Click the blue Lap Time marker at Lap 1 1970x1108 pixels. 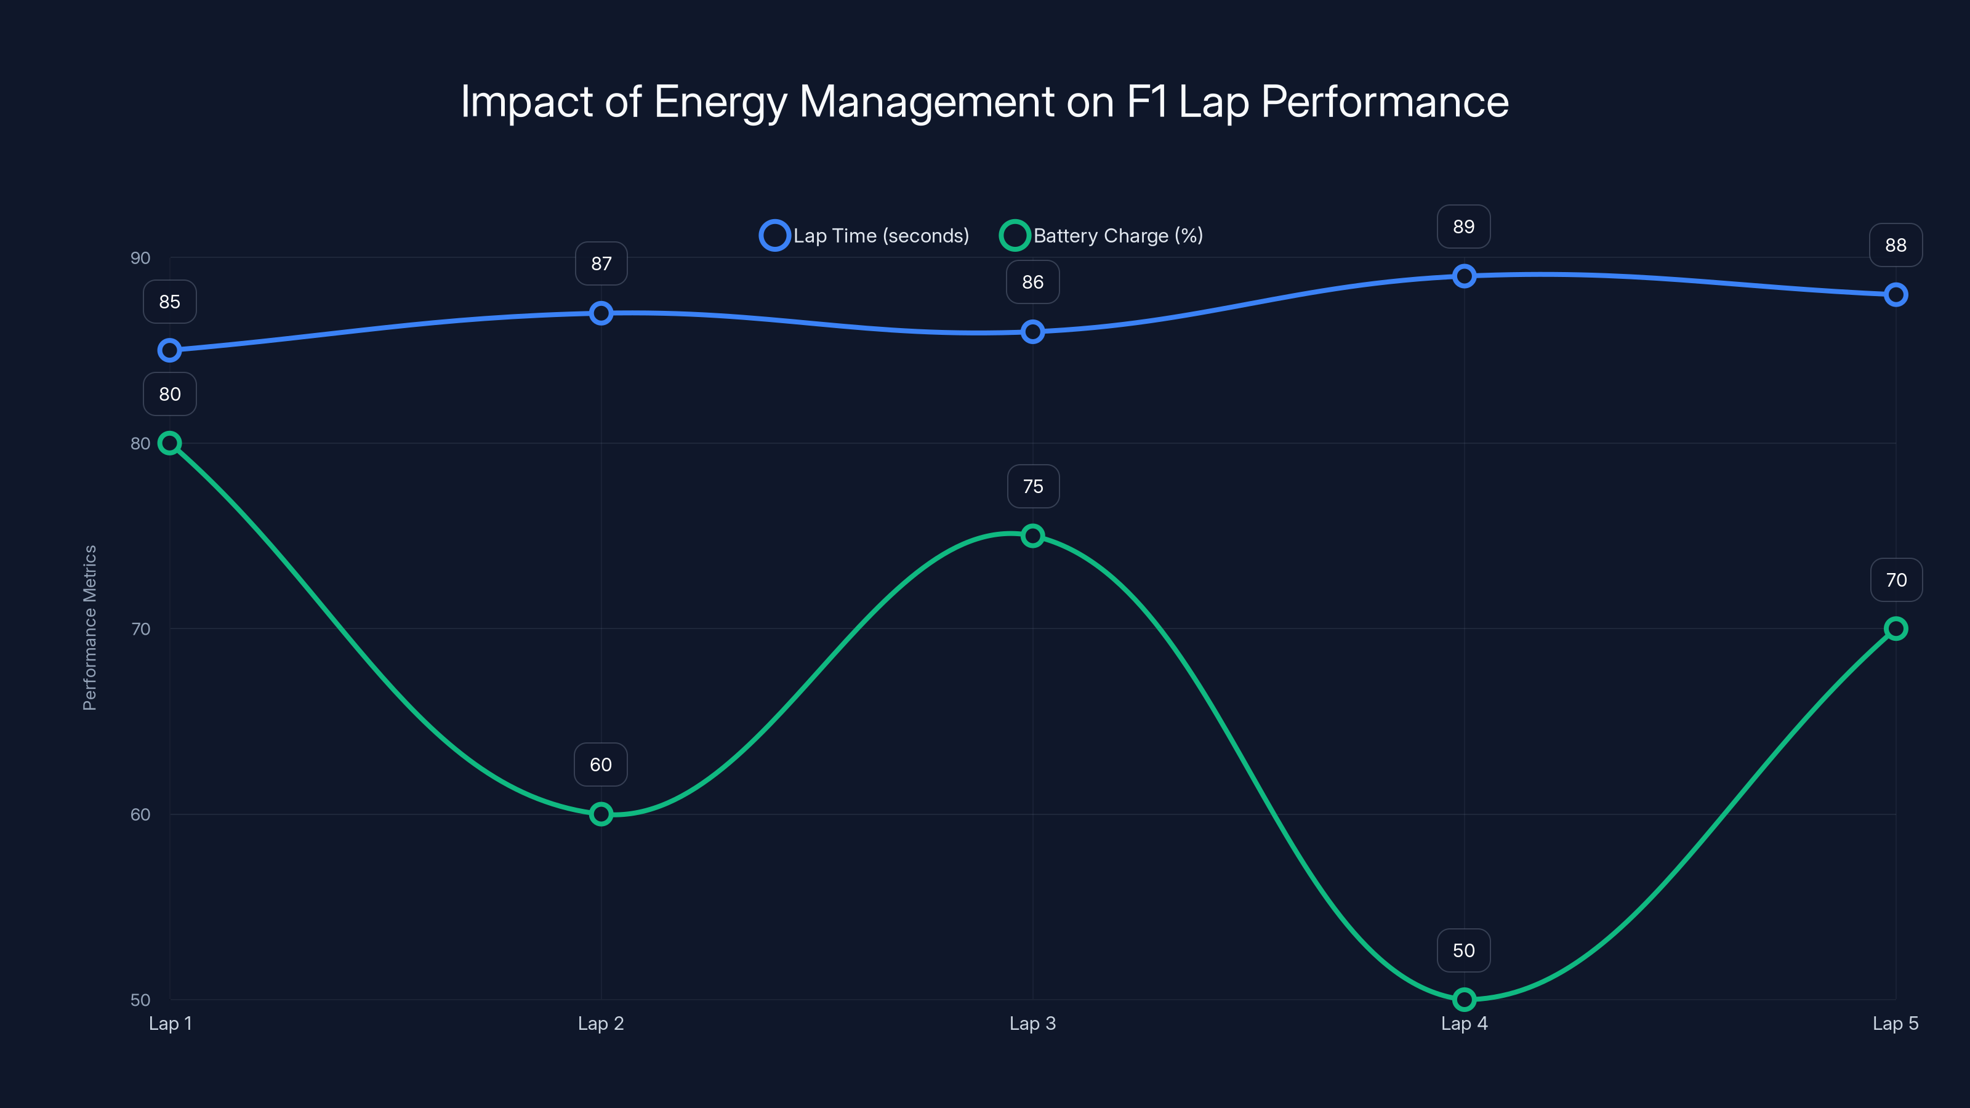[170, 350]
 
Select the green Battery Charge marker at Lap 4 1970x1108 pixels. [1464, 1000]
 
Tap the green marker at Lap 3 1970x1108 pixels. [1032, 536]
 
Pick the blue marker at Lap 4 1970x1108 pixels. [1464, 276]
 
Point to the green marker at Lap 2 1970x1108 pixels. [601, 814]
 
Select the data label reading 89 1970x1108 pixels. [1464, 227]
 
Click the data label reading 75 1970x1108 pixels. [1032, 486]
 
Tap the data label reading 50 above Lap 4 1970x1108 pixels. [1464, 950]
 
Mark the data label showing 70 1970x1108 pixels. [1896, 580]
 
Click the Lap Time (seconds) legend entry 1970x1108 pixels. [865, 236]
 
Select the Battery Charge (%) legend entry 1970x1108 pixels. [1102, 236]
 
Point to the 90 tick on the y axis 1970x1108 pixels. [140, 258]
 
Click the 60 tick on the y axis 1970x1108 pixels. [140, 814]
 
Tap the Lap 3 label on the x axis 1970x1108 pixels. [1032, 1023]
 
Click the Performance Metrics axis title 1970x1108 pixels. [89, 628]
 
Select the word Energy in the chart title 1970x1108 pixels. [720, 102]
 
